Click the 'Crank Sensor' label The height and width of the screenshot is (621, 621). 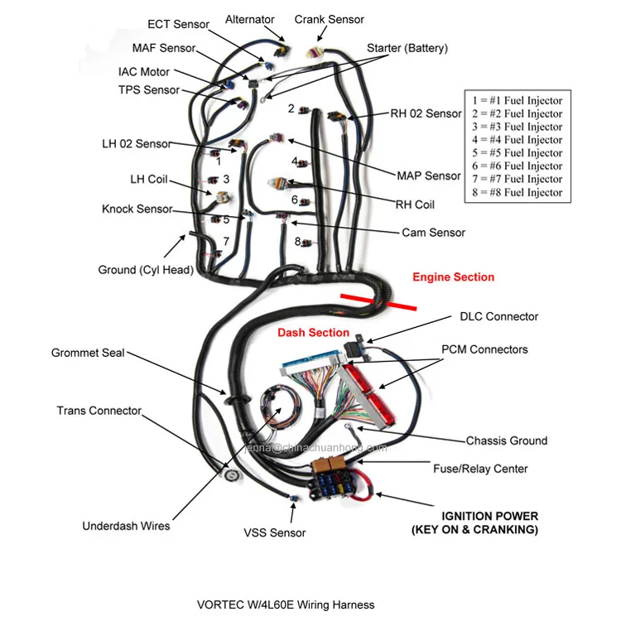[329, 19]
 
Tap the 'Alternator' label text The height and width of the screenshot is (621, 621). [250, 19]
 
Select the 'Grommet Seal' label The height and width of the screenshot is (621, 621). [88, 353]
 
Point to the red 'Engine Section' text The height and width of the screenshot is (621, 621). [453, 277]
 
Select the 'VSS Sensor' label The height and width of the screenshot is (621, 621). [274, 532]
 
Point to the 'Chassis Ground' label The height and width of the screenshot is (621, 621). [506, 440]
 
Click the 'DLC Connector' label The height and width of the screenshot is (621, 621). [498, 316]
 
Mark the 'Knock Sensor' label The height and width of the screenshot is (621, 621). [137, 209]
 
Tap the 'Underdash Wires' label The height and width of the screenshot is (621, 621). [126, 526]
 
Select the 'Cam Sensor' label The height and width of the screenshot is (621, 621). [433, 233]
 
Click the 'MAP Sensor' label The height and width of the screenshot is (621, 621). [428, 176]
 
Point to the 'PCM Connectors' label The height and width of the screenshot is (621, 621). [484, 349]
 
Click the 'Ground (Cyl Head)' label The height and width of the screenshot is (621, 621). [146, 269]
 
